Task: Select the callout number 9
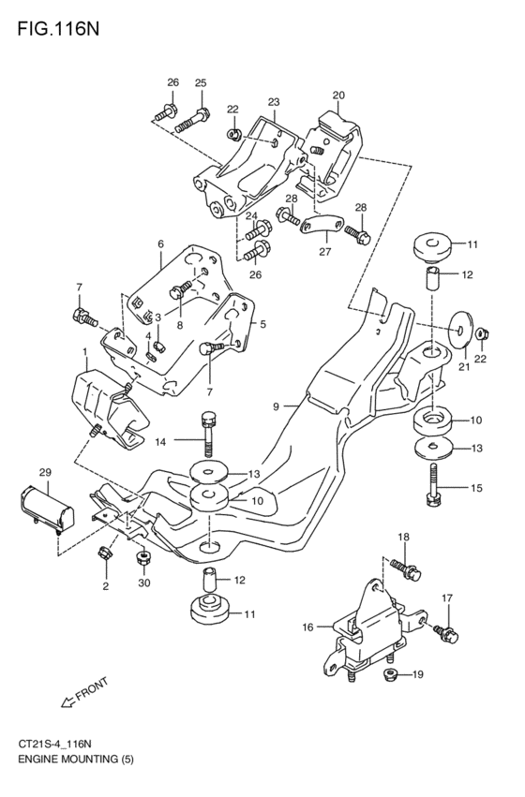coord(277,406)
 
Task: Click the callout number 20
coord(337,96)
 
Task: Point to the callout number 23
coord(273,102)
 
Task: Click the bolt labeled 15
coord(433,486)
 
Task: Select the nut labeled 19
coord(389,675)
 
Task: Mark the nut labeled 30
coord(142,559)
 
